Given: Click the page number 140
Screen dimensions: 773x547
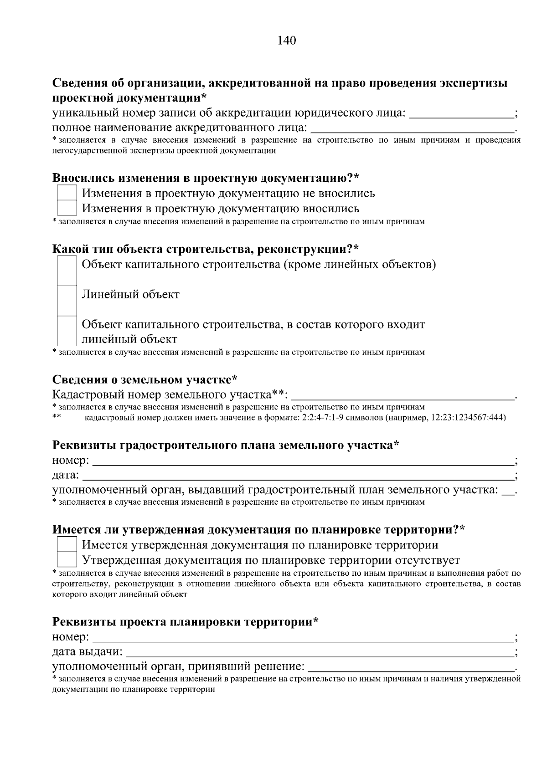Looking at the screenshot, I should tap(287, 41).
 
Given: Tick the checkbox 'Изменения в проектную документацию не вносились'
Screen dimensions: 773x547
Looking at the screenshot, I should tap(67, 193).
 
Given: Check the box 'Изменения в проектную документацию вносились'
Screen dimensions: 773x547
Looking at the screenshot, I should tap(67, 209).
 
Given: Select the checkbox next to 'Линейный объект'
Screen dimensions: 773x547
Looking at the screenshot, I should tap(67, 300).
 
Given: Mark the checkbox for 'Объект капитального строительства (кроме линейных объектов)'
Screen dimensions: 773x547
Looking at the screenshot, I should tap(67, 271).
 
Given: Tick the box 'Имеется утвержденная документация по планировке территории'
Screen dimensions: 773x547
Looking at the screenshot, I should tap(67, 545).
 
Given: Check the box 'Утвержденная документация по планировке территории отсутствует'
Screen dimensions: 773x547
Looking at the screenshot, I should tap(67, 560).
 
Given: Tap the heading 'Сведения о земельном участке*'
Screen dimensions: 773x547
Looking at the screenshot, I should tap(145, 379).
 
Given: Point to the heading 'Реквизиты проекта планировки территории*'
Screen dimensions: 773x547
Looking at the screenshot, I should tap(185, 621).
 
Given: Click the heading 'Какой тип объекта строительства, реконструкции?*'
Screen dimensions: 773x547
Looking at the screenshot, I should tap(206, 249).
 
